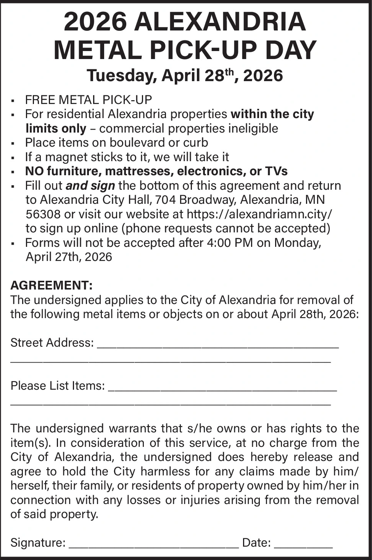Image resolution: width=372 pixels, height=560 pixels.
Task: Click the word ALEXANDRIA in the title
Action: [x=220, y=22]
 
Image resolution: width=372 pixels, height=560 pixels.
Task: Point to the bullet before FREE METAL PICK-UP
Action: [x=13, y=101]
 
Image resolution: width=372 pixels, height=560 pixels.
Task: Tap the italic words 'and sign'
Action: [x=90, y=186]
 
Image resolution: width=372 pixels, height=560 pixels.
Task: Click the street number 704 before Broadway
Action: [x=165, y=200]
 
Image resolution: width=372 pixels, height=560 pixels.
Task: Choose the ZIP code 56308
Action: [x=43, y=214]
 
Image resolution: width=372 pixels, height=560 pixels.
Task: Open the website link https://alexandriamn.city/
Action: [x=259, y=214]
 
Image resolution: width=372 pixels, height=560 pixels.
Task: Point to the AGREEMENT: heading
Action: [x=52, y=285]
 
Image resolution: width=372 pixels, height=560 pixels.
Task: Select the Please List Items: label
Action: [x=57, y=386]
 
